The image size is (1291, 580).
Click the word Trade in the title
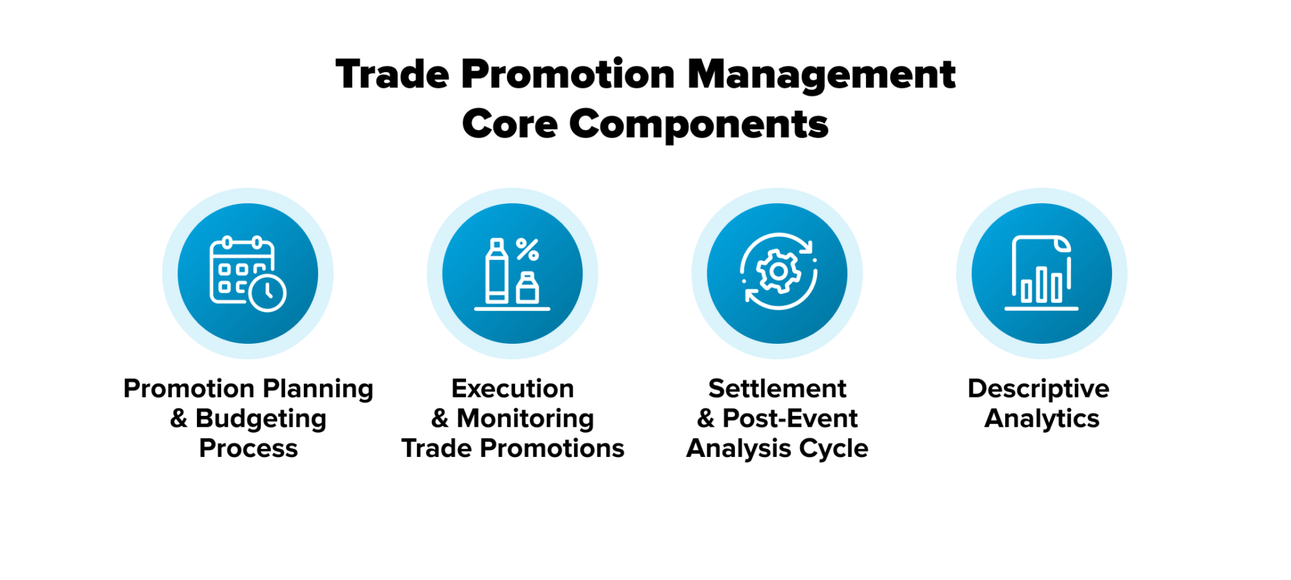click(x=392, y=74)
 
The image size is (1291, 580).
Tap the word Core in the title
click(x=510, y=124)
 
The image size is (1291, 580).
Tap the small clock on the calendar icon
click(x=268, y=292)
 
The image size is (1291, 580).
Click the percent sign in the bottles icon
click(x=528, y=250)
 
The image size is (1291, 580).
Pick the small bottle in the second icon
click(x=528, y=288)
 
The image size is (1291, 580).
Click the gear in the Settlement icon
click(x=778, y=271)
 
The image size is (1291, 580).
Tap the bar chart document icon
click(x=1042, y=273)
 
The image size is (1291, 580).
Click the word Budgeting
click(x=261, y=419)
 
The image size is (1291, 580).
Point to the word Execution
click(x=512, y=389)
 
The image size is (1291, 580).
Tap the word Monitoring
click(x=525, y=419)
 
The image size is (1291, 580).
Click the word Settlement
click(x=777, y=389)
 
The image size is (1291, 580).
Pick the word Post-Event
click(x=790, y=419)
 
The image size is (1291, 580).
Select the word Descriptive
click(x=1038, y=390)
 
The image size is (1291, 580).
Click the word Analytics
click(x=1042, y=419)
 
